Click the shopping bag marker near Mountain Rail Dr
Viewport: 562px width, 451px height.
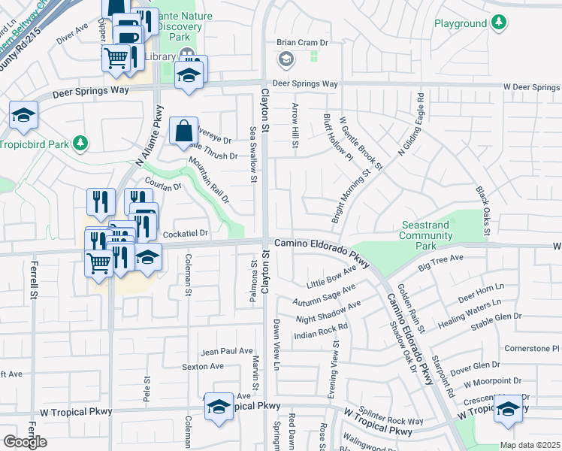click(x=183, y=132)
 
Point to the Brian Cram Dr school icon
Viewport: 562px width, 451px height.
click(x=286, y=59)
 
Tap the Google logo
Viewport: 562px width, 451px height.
click(x=25, y=442)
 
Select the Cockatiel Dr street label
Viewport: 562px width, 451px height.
click(x=185, y=234)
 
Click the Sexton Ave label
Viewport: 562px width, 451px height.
click(x=203, y=367)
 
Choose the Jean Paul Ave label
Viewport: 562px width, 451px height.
click(x=227, y=351)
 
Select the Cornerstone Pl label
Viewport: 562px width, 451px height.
click(x=533, y=348)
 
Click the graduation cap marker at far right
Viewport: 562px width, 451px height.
click(x=509, y=408)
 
